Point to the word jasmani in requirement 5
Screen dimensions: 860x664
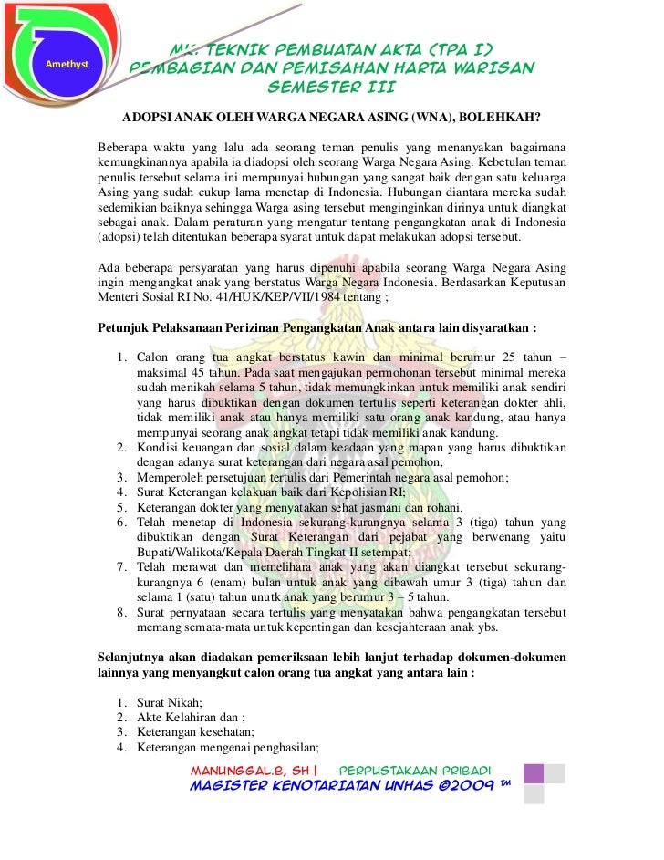413,508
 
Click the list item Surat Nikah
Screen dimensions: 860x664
169,702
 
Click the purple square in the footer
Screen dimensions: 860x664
534,774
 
